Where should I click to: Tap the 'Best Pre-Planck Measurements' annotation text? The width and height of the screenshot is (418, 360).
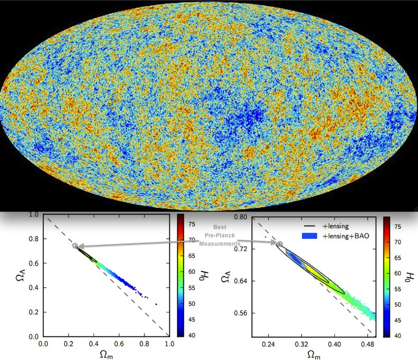tap(220, 236)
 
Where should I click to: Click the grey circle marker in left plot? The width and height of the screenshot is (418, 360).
tap(75, 246)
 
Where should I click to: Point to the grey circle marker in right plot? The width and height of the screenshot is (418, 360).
tap(280, 244)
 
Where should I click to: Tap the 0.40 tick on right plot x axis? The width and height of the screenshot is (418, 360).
tap(334, 344)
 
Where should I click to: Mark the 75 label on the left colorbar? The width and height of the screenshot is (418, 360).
tap(191, 224)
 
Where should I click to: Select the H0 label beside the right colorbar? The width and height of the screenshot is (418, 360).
tap(409, 275)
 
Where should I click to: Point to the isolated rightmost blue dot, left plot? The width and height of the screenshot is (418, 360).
tap(156, 304)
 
